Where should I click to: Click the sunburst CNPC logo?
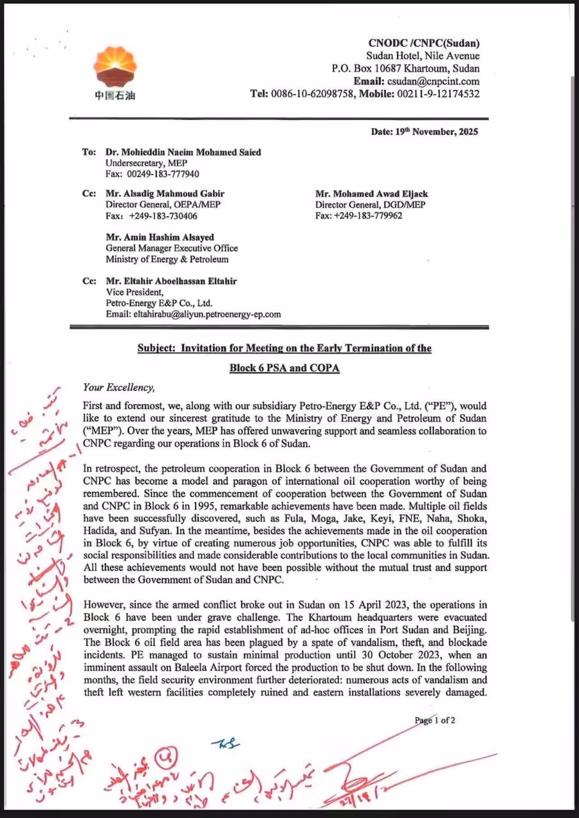click(x=114, y=68)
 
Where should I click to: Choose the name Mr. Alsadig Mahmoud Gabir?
click(x=165, y=194)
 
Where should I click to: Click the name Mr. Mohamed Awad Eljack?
click(x=371, y=194)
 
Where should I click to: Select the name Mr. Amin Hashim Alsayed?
click(x=160, y=237)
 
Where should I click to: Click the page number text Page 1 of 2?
click(x=435, y=720)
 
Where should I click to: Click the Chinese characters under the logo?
click(x=114, y=96)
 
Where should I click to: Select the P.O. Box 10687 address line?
click(x=405, y=68)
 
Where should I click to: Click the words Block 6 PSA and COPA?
click(x=284, y=369)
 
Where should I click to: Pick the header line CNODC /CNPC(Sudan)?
click(x=424, y=43)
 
